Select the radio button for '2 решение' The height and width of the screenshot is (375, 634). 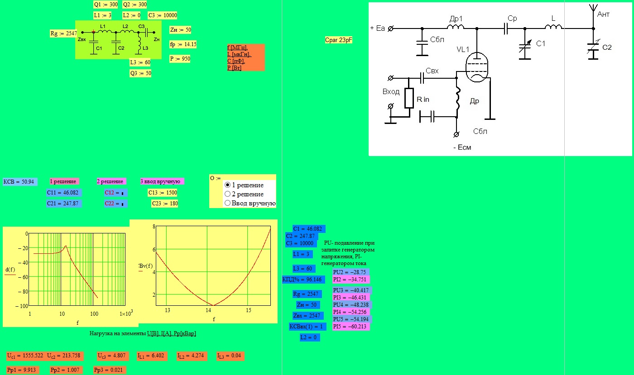click(227, 194)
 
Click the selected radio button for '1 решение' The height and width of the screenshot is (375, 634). click(227, 185)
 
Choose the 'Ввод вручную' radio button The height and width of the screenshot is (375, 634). click(227, 203)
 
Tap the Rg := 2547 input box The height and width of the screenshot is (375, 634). click(63, 33)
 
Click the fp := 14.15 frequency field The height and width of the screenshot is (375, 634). click(183, 44)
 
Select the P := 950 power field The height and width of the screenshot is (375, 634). click(180, 59)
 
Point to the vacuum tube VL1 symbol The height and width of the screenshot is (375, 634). click(477, 67)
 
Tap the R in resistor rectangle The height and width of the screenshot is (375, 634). click(409, 98)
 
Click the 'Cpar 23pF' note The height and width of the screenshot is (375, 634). click(339, 40)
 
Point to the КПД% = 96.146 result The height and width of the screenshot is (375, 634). click(303, 280)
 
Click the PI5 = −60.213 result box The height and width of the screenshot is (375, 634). click(351, 327)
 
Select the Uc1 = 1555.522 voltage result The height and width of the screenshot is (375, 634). click(25, 356)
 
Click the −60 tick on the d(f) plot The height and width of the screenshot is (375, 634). click(23, 277)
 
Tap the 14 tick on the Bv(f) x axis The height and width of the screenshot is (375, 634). click(208, 310)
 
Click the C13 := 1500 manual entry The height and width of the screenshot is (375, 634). click(163, 193)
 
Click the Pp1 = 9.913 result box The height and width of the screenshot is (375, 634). click(23, 370)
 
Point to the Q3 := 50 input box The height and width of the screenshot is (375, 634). click(140, 73)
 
